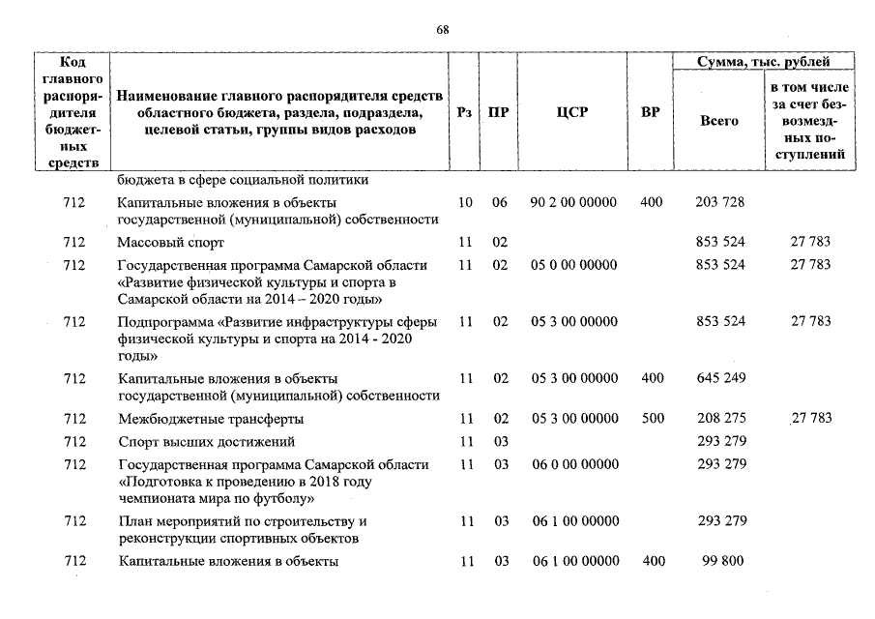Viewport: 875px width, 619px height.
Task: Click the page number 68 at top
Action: (x=442, y=30)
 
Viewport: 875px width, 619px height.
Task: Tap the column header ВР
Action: (x=651, y=112)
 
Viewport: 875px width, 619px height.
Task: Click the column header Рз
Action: (x=465, y=112)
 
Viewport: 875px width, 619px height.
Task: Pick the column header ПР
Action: (x=499, y=112)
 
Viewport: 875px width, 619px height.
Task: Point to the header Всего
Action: (x=718, y=121)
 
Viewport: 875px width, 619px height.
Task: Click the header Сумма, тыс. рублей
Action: (x=763, y=62)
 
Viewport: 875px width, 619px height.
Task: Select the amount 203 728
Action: (x=720, y=202)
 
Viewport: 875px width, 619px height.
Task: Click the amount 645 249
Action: (x=720, y=377)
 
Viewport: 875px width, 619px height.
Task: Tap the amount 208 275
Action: (x=720, y=419)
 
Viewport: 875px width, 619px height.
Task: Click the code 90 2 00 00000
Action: (x=575, y=202)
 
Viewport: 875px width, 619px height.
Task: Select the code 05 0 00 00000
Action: (x=575, y=264)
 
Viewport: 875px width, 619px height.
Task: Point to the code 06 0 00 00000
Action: (x=575, y=464)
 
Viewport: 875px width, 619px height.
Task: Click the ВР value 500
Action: (x=652, y=419)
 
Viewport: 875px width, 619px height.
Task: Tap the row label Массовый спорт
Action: (x=170, y=242)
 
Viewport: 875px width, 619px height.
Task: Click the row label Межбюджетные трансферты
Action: (x=211, y=419)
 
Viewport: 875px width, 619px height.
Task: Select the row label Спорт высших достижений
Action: (x=206, y=442)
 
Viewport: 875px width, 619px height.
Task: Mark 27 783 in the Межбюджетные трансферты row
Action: (x=810, y=419)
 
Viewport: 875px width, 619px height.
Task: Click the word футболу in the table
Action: (x=279, y=499)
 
